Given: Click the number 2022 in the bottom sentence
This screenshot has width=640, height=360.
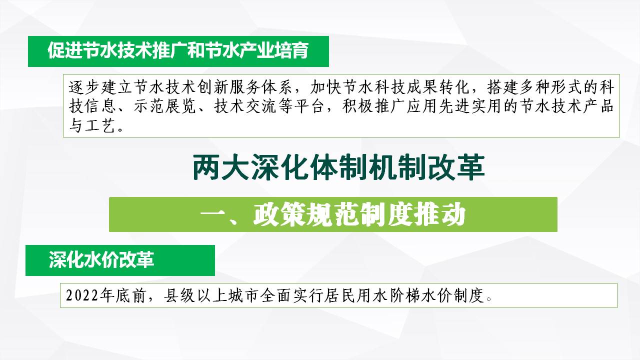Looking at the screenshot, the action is [82, 295].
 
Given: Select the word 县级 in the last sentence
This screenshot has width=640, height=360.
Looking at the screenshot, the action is [179, 295].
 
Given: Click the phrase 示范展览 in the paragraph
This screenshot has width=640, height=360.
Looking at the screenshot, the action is [165, 106].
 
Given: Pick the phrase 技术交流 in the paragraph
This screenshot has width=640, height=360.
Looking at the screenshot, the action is [245, 106].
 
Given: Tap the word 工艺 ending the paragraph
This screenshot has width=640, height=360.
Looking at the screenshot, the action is [100, 125].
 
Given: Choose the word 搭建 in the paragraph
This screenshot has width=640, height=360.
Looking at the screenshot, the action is [503, 87].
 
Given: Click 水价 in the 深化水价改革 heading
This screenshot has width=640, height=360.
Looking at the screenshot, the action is [101, 260].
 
